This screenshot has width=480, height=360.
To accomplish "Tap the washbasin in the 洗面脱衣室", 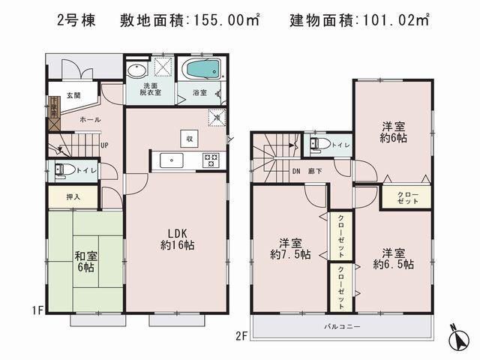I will point(136,72).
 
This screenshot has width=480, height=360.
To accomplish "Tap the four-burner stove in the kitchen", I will point(210,160).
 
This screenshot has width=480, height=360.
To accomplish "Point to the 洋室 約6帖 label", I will point(393,133).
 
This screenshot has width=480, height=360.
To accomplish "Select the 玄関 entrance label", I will point(73,95).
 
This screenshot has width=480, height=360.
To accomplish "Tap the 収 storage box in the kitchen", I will point(190,138).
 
